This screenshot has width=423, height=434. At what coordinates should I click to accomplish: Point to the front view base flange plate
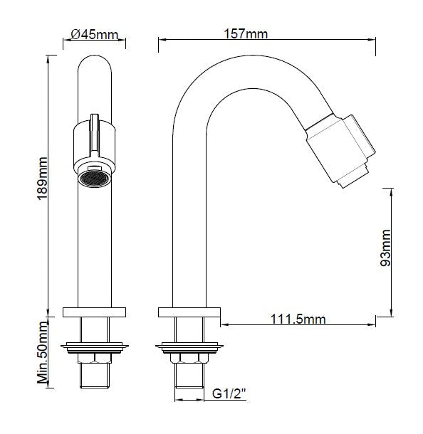94,312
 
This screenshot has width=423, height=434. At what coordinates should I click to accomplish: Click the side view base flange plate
189,312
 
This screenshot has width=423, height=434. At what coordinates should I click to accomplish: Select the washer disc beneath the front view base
94,347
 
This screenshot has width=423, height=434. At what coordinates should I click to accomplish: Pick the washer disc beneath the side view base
189,347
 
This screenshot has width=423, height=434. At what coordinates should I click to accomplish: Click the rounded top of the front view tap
94,71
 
